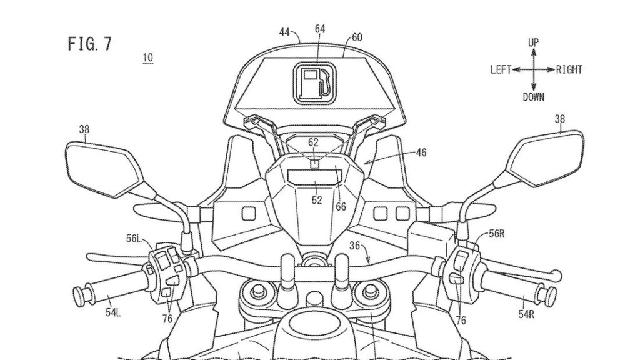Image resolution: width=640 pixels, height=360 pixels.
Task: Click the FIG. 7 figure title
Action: pos(89,44)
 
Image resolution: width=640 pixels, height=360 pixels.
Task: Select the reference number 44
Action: pos(285,32)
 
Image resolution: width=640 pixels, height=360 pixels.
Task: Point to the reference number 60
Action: pos(356,37)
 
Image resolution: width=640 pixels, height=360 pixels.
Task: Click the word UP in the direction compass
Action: pos(533,42)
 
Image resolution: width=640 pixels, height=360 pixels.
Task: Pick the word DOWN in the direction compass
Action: pos(533,97)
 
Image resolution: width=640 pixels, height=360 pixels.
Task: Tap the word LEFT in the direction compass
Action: pos(501,70)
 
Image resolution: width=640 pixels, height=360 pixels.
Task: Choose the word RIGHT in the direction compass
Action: pos(569,70)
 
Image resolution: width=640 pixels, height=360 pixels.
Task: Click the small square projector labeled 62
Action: pos(314,164)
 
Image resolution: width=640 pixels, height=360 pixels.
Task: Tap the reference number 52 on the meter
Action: pos(317,200)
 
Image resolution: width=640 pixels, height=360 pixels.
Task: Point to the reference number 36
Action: pos(371,246)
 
